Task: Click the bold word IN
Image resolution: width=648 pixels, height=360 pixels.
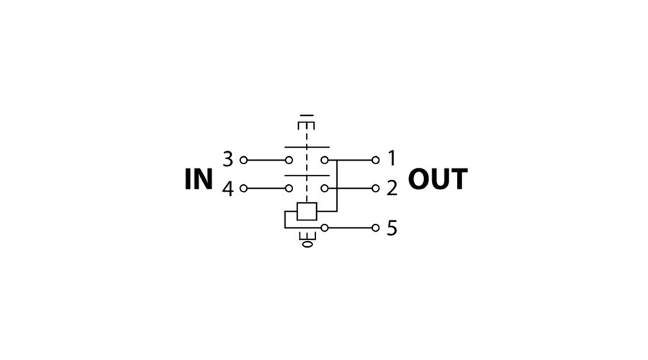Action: (x=199, y=179)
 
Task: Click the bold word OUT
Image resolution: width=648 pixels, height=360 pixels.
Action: (x=438, y=179)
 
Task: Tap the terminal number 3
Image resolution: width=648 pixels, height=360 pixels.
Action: (x=228, y=159)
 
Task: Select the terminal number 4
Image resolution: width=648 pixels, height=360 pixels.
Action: (x=228, y=189)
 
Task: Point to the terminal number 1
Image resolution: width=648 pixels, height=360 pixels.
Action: (x=392, y=158)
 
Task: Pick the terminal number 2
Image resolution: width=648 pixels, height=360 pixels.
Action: (x=392, y=188)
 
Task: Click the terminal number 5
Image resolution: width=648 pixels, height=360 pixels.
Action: (x=392, y=228)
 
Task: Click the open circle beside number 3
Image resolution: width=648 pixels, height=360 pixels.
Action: (x=244, y=160)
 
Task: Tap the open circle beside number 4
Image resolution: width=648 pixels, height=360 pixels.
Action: (x=244, y=189)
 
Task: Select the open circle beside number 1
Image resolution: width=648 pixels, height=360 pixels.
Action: (x=376, y=160)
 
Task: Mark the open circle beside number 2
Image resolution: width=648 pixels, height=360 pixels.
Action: (x=376, y=189)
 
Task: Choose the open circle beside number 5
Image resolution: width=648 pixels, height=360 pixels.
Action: (x=376, y=228)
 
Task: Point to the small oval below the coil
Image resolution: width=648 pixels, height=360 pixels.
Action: (x=307, y=244)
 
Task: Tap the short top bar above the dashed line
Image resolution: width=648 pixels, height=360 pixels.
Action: (x=307, y=116)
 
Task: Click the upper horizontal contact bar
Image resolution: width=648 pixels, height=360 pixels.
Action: (x=307, y=147)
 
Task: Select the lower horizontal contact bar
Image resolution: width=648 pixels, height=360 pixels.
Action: (x=307, y=176)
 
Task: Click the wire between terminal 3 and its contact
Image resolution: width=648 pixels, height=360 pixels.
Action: (x=266, y=160)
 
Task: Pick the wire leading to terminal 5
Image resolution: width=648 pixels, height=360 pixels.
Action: (x=350, y=228)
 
